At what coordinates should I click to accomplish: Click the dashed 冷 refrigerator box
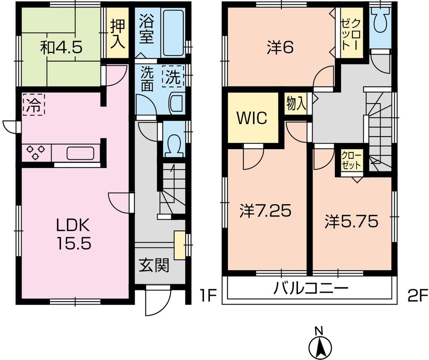click(x=33, y=105)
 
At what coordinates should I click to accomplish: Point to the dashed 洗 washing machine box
click(x=173, y=77)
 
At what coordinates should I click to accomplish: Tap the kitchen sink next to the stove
click(x=80, y=153)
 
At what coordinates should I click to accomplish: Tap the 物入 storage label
click(x=296, y=104)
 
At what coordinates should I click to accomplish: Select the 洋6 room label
click(x=280, y=48)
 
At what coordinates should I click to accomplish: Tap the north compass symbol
click(x=318, y=344)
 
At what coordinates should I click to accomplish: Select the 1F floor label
click(x=207, y=296)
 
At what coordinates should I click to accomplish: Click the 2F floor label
click(x=416, y=296)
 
